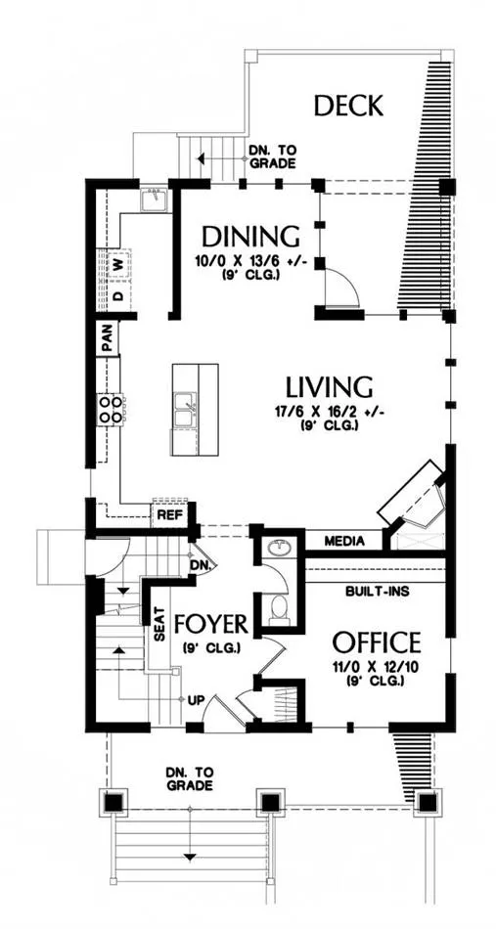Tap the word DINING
[x=250, y=236]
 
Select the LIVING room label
[x=329, y=387]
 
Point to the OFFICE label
[x=377, y=641]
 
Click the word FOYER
[x=210, y=624]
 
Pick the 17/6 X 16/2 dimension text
[x=330, y=411]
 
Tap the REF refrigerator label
[x=168, y=515]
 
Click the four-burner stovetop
[x=111, y=410]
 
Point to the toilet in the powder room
[x=276, y=610]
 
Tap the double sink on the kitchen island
[x=184, y=410]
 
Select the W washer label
[x=119, y=264]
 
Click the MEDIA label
[x=344, y=541]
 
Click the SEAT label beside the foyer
[x=159, y=625]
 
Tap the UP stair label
[x=196, y=700]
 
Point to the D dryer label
[x=119, y=295]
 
